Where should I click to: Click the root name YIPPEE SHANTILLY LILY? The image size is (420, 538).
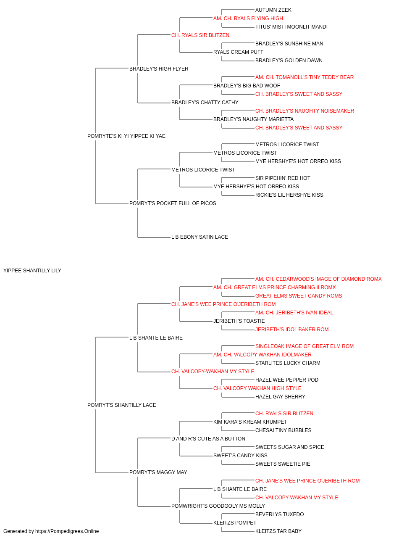click(x=32, y=271)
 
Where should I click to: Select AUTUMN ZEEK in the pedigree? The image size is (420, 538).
click(x=273, y=10)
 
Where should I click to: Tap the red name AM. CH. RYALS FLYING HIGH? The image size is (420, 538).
click(x=248, y=18)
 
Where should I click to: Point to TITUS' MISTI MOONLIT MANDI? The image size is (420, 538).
click(x=291, y=27)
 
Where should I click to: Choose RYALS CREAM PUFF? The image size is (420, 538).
click(x=238, y=52)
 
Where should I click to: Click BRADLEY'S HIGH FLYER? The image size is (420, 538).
click(x=159, y=69)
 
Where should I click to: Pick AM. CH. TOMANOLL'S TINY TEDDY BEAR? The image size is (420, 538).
click(x=304, y=77)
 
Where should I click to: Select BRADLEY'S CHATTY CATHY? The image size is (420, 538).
click(x=205, y=103)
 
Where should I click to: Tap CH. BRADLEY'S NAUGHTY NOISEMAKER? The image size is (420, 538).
click(x=304, y=111)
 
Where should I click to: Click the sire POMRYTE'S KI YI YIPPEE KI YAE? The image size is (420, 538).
click(x=126, y=136)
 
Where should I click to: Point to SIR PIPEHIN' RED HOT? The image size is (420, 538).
click(x=283, y=178)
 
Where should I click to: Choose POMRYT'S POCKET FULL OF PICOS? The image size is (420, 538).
click(x=172, y=203)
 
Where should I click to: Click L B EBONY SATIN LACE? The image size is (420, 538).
click(x=199, y=237)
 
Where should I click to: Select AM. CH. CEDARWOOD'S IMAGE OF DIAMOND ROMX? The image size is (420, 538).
click(x=318, y=279)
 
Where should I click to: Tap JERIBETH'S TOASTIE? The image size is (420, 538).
click(x=239, y=321)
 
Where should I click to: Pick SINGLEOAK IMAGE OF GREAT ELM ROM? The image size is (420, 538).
click(x=304, y=346)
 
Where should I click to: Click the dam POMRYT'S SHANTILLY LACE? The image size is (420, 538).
click(x=121, y=405)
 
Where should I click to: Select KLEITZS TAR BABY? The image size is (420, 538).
click(x=278, y=531)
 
